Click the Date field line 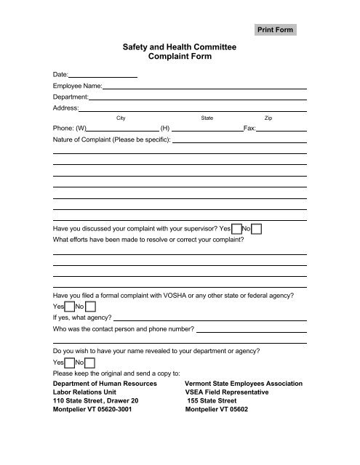pyautogui.click(x=103, y=75)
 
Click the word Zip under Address pyautogui.click(x=268, y=117)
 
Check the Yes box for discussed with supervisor pyautogui.click(x=236, y=230)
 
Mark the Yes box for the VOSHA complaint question pyautogui.click(x=70, y=307)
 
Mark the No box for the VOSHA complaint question pyautogui.click(x=90, y=307)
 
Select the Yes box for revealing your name pyautogui.click(x=70, y=362)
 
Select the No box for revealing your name pyautogui.click(x=90, y=362)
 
